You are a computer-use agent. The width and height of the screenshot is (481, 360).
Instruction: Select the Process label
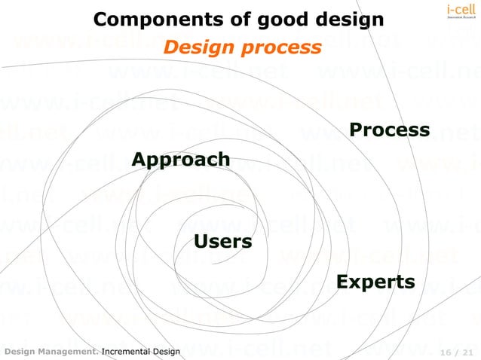(x=390, y=130)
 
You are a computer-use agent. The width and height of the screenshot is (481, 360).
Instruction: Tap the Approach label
(x=181, y=160)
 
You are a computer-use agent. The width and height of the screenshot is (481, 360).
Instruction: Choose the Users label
(x=223, y=242)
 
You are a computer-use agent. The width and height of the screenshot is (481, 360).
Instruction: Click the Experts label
(x=375, y=282)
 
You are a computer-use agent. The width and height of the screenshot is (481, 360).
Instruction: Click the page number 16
(x=444, y=352)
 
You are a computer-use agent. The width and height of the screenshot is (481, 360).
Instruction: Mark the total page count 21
(x=468, y=352)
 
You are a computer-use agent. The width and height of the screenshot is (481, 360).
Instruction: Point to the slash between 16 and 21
(x=456, y=352)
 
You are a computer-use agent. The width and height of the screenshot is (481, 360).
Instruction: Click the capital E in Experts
(x=342, y=282)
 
